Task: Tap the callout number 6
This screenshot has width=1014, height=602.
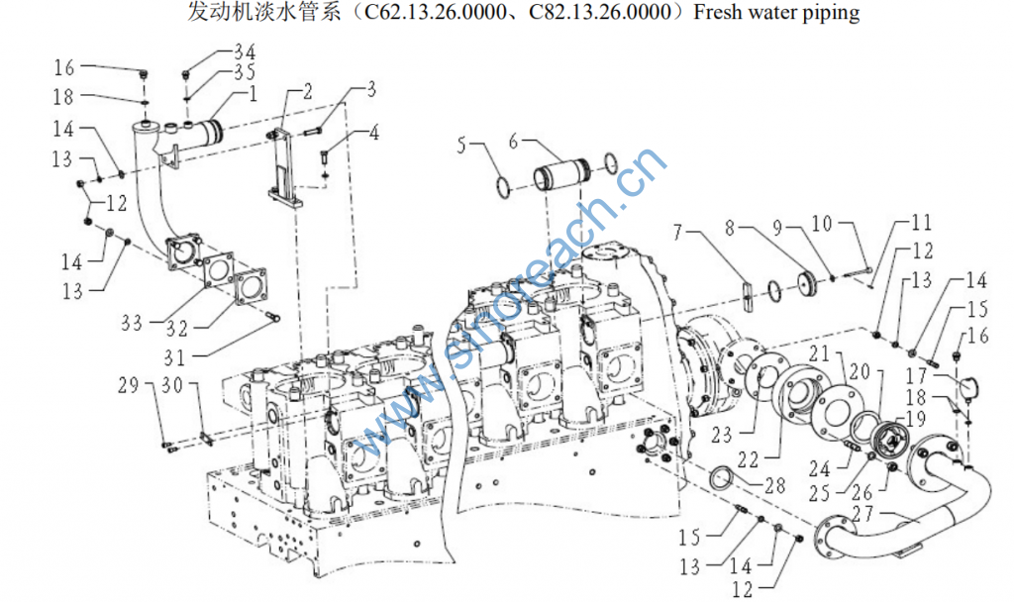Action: (513, 141)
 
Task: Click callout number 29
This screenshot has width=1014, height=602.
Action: (154, 384)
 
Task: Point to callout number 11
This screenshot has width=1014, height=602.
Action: (922, 224)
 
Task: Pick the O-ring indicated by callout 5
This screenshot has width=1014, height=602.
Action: (504, 185)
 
